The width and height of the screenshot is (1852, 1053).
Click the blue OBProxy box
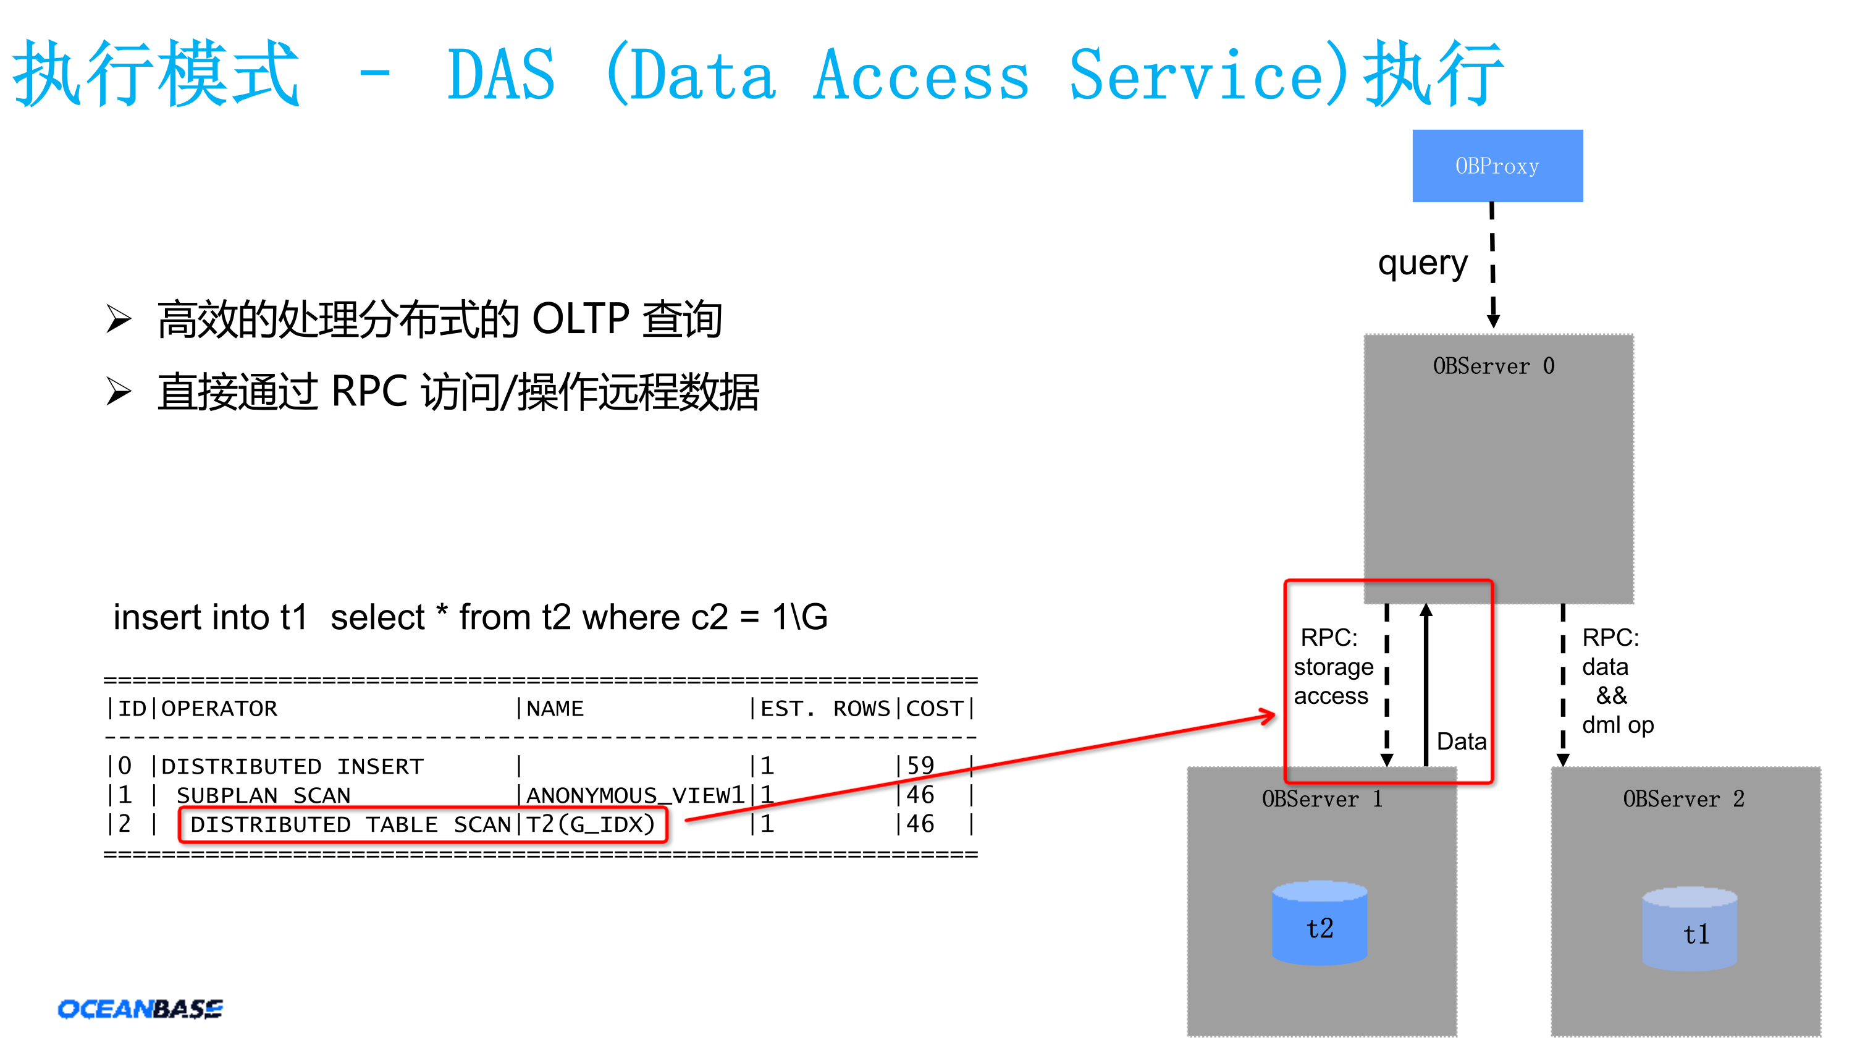[1496, 166]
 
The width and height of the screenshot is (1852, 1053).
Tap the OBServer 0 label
[1492, 366]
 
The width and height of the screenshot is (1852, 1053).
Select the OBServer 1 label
[1321, 799]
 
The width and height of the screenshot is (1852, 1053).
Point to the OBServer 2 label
[1683, 799]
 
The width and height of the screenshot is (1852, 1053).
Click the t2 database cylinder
[1320, 924]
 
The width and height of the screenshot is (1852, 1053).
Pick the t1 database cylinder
[1689, 929]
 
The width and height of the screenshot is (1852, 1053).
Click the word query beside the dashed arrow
[1422, 264]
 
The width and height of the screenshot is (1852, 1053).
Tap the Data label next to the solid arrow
[1461, 742]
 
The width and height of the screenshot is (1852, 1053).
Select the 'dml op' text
[1617, 725]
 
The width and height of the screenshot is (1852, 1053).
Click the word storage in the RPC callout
[1333, 667]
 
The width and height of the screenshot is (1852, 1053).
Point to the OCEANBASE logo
[140, 1008]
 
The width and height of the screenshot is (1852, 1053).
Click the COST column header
[934, 709]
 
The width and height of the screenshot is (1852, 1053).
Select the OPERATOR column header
[219, 709]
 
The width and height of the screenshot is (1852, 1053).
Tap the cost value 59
[920, 766]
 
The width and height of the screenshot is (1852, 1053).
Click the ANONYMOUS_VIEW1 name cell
[634, 795]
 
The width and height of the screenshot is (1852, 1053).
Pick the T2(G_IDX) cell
[590, 824]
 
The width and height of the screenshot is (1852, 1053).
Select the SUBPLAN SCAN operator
[263, 795]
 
